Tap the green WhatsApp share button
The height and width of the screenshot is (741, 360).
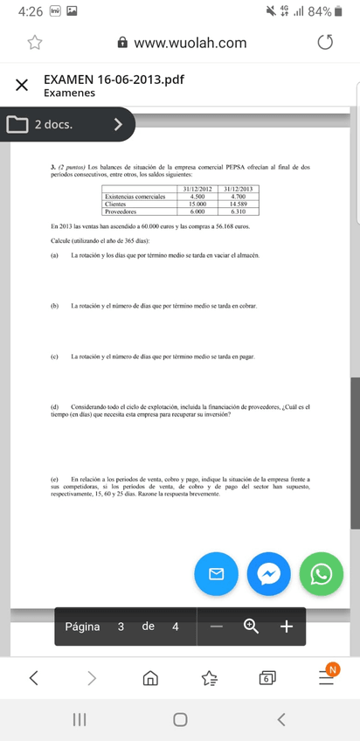pyautogui.click(x=322, y=574)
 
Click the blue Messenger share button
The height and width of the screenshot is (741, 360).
pyautogui.click(x=269, y=574)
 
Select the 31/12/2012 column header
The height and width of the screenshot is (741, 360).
pyautogui.click(x=197, y=190)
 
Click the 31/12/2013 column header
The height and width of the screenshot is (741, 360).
pyautogui.click(x=238, y=190)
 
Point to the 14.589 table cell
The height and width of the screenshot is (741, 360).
pyautogui.click(x=238, y=204)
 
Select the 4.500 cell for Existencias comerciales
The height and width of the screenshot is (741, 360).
pyautogui.click(x=197, y=197)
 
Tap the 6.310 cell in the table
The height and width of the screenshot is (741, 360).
pyautogui.click(x=238, y=211)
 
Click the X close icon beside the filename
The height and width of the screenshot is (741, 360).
pyautogui.click(x=20, y=85)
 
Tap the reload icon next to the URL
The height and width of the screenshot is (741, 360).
pyautogui.click(x=325, y=43)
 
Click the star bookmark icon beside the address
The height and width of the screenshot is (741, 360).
pyautogui.click(x=35, y=43)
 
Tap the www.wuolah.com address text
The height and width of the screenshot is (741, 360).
pyautogui.click(x=190, y=43)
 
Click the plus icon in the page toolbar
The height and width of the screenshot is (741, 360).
pyautogui.click(x=286, y=626)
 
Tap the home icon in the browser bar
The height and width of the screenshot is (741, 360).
pyautogui.click(x=150, y=677)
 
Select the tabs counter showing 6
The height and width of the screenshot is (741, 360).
pyautogui.click(x=267, y=677)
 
